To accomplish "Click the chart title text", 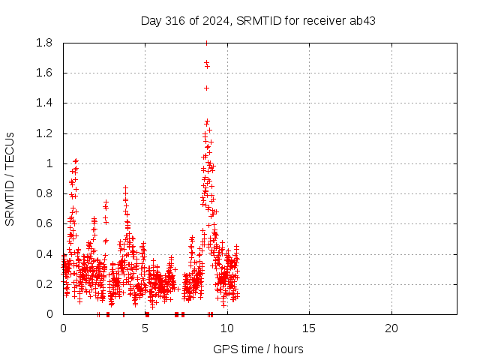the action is click(258, 21).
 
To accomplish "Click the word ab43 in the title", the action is click(362, 21).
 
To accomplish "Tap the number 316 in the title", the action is click(175, 21).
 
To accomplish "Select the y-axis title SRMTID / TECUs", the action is click(10, 179).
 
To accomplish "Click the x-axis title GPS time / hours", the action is click(258, 349).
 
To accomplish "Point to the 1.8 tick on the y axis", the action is click(44, 43).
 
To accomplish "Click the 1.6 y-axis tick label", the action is click(44, 73).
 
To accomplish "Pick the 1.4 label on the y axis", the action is click(44, 103).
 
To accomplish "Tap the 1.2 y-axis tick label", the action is click(44, 133).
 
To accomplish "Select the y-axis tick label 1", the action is click(49, 163).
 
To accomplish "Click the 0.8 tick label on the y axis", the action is click(44, 193).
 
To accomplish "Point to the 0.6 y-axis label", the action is click(44, 223).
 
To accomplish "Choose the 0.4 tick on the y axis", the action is click(44, 254).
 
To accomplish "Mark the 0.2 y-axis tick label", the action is click(44, 284).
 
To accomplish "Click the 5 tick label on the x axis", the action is click(145, 328).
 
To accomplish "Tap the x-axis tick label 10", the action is click(227, 328).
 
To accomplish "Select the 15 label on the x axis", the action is click(309, 328).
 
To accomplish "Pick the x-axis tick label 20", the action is click(391, 328).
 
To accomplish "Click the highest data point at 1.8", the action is click(207, 43).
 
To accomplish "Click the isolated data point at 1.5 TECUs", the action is click(207, 88).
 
